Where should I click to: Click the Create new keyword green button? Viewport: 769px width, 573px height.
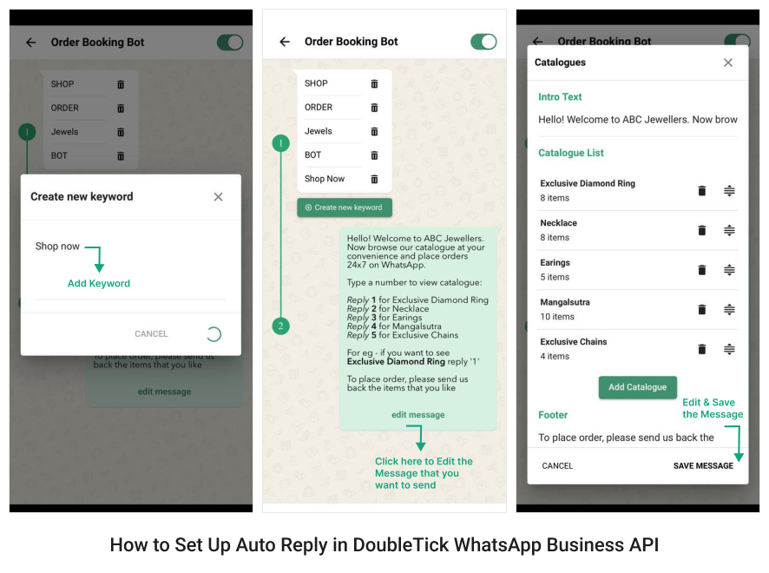(x=345, y=207)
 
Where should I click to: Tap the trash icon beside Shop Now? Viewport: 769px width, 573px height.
(x=374, y=179)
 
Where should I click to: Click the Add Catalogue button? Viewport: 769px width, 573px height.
(x=637, y=387)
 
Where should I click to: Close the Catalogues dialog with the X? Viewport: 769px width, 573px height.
(x=728, y=63)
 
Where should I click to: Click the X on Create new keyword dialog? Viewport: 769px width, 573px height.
(x=218, y=197)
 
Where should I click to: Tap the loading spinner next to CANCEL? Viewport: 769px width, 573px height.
(x=213, y=334)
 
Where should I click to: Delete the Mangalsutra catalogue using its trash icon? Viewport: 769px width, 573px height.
(x=702, y=309)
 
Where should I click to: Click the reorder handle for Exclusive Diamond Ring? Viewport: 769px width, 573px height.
(x=729, y=191)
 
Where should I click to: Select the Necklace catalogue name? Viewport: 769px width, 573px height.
(x=558, y=223)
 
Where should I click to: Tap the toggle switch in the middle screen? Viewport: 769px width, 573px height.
(x=483, y=42)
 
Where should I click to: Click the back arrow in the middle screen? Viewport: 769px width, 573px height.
(x=285, y=42)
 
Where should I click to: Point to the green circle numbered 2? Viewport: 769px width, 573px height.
(x=280, y=326)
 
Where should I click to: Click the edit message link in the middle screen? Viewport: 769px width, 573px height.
(x=417, y=415)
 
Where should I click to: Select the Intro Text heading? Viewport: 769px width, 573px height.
(x=560, y=97)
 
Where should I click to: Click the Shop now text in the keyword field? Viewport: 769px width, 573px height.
(x=57, y=247)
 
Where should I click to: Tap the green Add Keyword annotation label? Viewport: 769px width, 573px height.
(x=99, y=283)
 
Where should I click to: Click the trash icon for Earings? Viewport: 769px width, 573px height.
(x=702, y=270)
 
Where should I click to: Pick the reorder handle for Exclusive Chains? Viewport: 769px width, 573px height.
(x=729, y=349)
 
